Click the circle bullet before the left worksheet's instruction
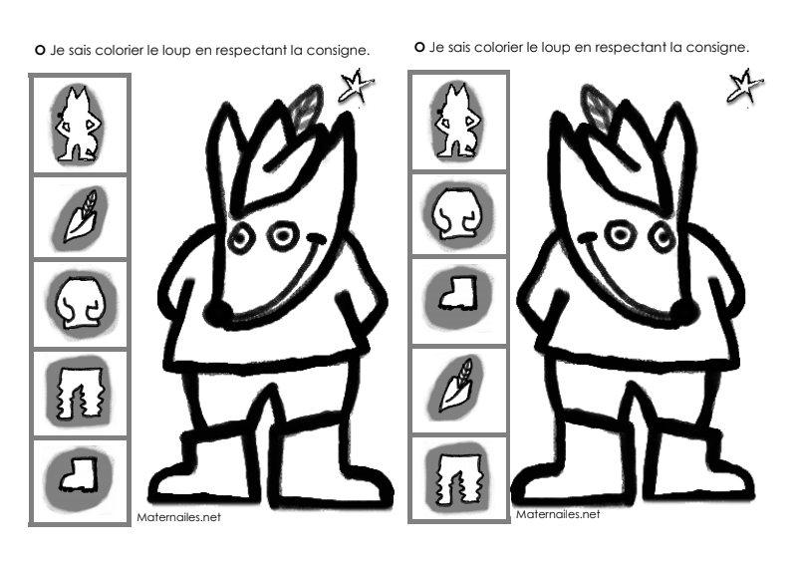point(40,51)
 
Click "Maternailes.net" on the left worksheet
point(179,517)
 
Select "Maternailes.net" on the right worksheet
point(558,514)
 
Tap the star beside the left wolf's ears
point(356,86)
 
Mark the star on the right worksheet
point(744,86)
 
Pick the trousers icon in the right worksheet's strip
point(459,478)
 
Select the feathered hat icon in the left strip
point(81,216)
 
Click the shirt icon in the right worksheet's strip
point(457,213)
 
